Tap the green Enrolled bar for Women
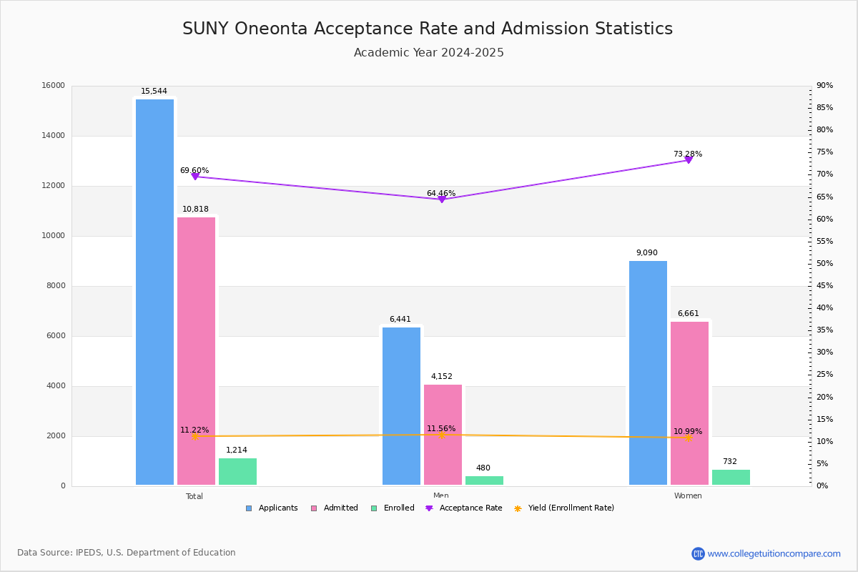tap(731, 478)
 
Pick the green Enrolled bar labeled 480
tap(484, 480)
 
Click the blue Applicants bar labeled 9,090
tap(648, 373)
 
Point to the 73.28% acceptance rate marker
tap(689, 159)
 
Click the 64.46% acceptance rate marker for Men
tap(442, 199)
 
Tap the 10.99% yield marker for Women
tap(689, 438)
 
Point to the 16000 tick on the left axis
tap(54, 86)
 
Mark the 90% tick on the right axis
tap(824, 86)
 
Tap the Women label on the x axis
tap(688, 496)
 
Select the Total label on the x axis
tap(194, 496)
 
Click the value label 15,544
tap(154, 92)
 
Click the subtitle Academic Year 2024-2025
tap(429, 53)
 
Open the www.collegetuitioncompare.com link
tap(774, 553)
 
